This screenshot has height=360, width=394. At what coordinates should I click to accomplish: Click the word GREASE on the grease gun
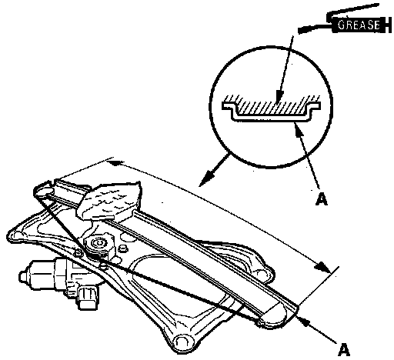point(359,25)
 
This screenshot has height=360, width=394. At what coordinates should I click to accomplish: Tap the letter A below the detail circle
point(322,199)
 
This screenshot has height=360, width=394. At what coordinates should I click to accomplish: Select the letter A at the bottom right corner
point(344,349)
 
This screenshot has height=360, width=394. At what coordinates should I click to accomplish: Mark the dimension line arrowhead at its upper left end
point(115,162)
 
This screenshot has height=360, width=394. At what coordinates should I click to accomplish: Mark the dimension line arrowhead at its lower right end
point(322,268)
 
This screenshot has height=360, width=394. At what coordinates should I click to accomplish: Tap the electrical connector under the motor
point(88,298)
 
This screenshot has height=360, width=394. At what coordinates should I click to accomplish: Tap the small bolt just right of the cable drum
point(123,248)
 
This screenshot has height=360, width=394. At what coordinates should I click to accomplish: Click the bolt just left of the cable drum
point(78,252)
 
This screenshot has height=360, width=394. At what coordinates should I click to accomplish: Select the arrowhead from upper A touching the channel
point(299,128)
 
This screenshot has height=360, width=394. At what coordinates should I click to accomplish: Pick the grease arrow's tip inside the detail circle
point(279,98)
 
